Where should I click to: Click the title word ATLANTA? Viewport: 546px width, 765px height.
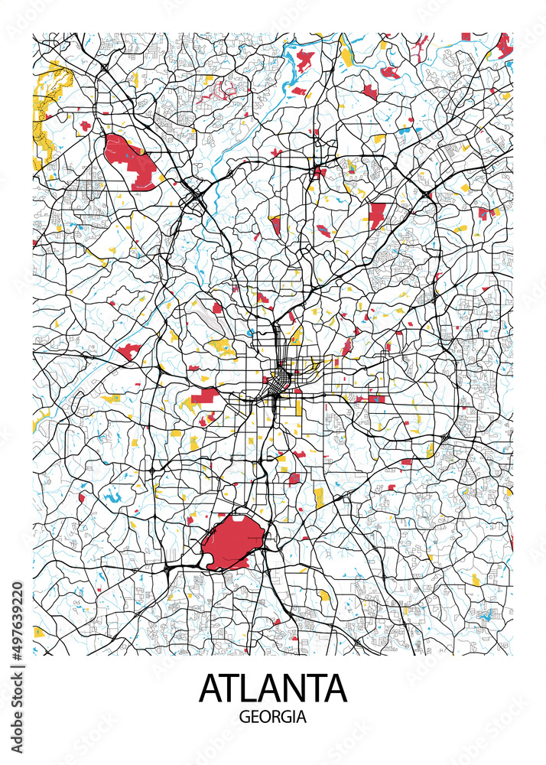[x=273, y=688]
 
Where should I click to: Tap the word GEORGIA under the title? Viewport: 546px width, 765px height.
[x=273, y=718]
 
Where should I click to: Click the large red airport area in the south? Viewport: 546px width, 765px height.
[x=232, y=541]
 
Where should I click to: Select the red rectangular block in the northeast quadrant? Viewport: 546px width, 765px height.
[x=376, y=215]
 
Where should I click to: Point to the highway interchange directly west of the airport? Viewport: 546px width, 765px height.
[x=167, y=568]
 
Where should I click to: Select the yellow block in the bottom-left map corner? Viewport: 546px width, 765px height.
[x=38, y=632]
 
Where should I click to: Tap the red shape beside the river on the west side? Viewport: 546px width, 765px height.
[x=128, y=352]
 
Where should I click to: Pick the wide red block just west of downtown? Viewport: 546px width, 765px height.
[x=204, y=395]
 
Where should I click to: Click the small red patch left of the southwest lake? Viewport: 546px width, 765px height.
[x=82, y=497]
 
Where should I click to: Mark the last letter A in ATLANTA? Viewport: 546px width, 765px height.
[x=334, y=688]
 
